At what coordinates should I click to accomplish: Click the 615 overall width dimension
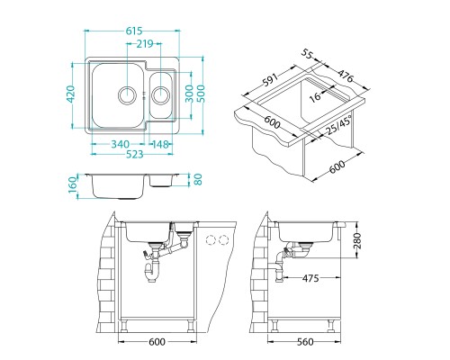click(x=134, y=31)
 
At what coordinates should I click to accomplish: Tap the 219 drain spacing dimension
click(x=145, y=44)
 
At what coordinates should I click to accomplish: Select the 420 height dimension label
click(x=70, y=94)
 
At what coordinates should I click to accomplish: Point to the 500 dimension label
click(x=200, y=94)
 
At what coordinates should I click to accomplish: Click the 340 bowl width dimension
click(x=120, y=144)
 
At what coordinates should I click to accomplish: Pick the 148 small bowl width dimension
click(x=159, y=144)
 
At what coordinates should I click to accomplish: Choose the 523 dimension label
click(x=134, y=154)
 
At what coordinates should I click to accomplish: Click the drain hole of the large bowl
click(x=128, y=94)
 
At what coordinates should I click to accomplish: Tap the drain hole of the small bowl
click(x=161, y=94)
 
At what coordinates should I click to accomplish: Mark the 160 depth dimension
click(x=73, y=184)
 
